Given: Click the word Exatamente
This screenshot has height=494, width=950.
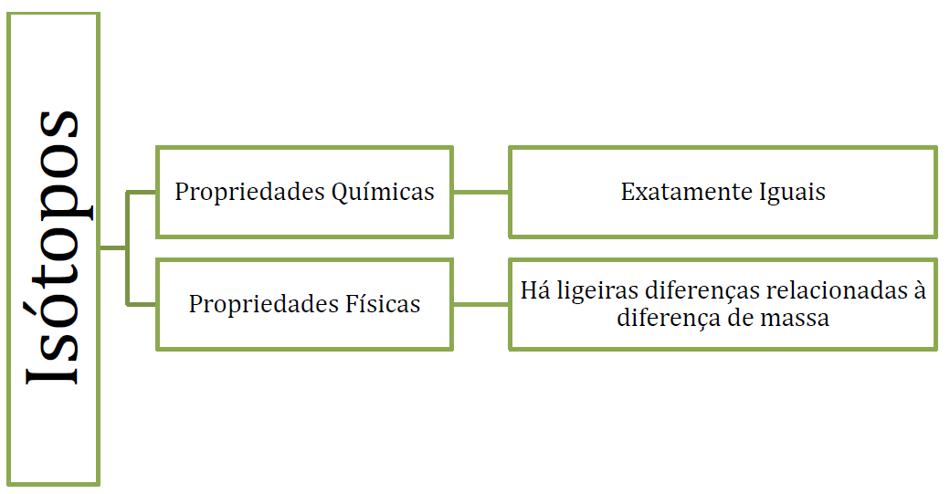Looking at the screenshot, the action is point(686,193).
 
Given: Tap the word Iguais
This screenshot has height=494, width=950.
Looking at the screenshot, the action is point(792,193).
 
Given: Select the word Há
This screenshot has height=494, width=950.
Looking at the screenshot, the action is point(534,291).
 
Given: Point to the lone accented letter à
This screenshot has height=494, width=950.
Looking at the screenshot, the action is point(919,291).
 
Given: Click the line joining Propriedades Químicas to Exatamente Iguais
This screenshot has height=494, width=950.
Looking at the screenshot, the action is point(480,193).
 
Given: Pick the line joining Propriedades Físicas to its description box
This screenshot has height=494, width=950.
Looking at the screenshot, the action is point(480,304).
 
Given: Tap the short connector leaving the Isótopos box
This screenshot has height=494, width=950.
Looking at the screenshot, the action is point(111,247).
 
